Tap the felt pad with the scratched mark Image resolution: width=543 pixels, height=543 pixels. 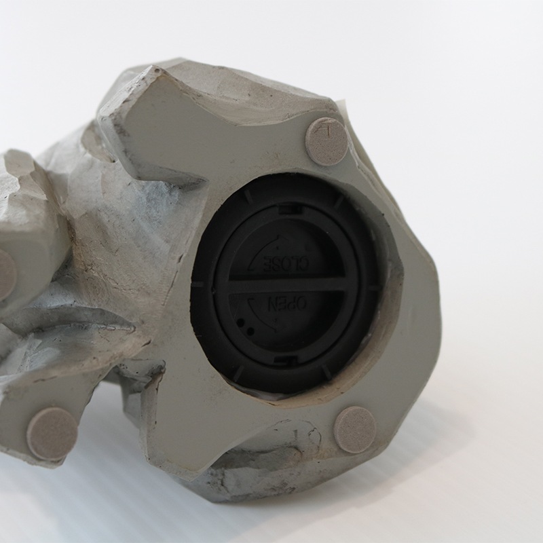pos(327,141)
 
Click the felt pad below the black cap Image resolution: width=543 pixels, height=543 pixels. pos(355,430)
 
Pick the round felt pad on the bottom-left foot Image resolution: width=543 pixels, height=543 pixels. pos(52,434)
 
